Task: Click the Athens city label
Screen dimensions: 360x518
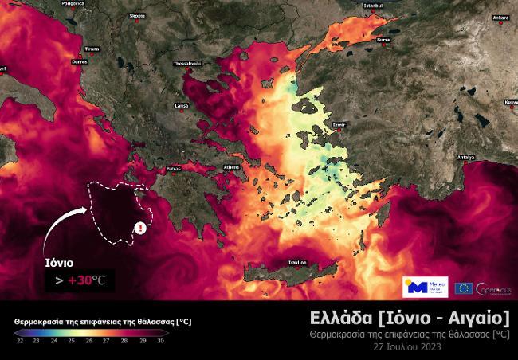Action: [x=231, y=166]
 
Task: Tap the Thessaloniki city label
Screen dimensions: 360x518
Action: [x=187, y=62]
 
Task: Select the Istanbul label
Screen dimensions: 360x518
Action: [x=373, y=6]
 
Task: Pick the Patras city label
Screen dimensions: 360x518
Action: [x=174, y=169]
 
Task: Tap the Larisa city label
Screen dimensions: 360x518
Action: [x=181, y=105]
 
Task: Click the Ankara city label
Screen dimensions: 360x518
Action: [x=500, y=17]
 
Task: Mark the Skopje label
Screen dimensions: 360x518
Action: [x=138, y=14]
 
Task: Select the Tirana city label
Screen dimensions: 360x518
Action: [x=92, y=48]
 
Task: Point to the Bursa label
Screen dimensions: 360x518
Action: [x=384, y=38]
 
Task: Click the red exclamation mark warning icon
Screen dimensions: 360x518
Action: [x=141, y=228]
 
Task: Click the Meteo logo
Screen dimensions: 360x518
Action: [x=425, y=288]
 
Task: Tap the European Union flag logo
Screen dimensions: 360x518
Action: [x=463, y=288]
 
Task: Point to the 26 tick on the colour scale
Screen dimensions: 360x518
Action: [x=88, y=340]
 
